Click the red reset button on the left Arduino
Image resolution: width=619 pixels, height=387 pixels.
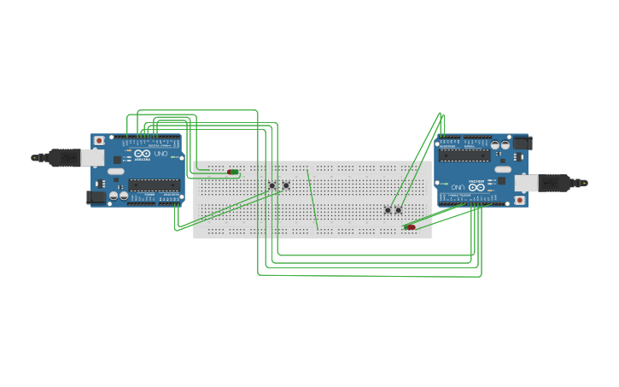pyautogui.click(x=99, y=140)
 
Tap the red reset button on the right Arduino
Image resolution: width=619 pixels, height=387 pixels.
pyautogui.click(x=519, y=201)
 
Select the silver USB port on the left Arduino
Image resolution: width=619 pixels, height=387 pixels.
pyautogui.click(x=92, y=157)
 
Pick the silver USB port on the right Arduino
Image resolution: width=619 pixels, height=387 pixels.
pyautogui.click(x=526, y=183)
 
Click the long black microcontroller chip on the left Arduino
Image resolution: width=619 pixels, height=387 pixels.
pyautogui.click(x=154, y=185)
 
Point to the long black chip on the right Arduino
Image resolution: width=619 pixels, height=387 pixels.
pyautogui.click(x=464, y=155)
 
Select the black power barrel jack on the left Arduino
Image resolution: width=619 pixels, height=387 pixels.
pyautogui.click(x=96, y=196)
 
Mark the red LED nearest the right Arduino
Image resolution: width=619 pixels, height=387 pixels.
pyautogui.click(x=411, y=227)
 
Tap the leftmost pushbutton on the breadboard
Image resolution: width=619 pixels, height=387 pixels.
pyautogui.click(x=272, y=185)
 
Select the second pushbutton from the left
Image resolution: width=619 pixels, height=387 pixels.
pyautogui.click(x=286, y=185)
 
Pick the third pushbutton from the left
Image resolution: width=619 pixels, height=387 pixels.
pyautogui.click(x=388, y=209)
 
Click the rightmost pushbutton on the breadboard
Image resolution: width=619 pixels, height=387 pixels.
pyautogui.click(x=399, y=209)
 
